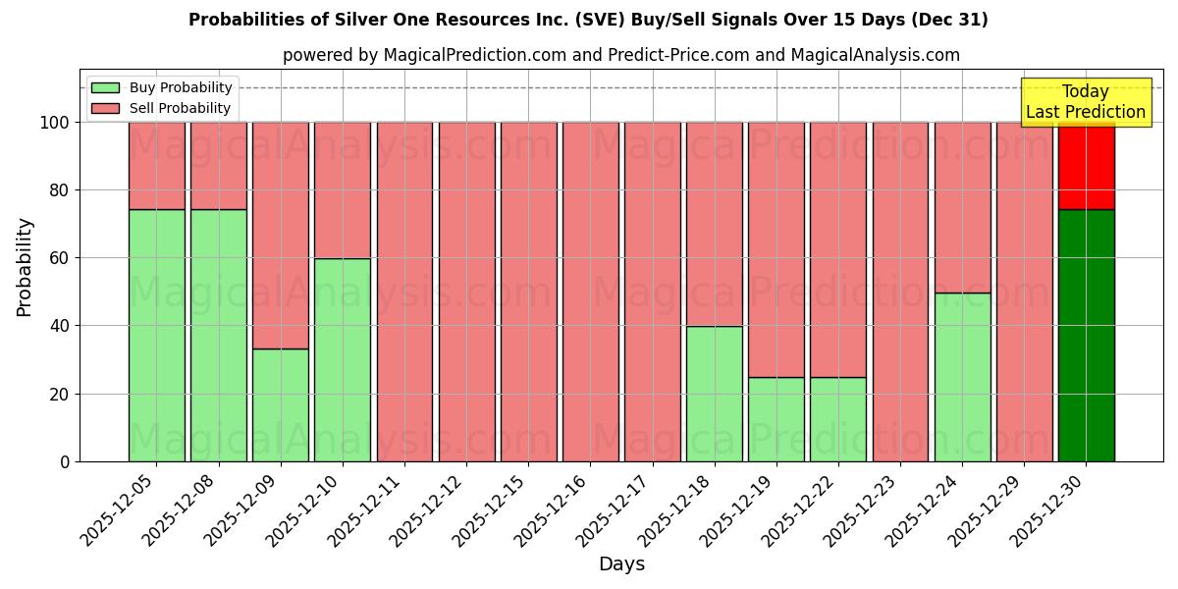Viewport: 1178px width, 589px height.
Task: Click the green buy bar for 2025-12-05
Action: [156, 335]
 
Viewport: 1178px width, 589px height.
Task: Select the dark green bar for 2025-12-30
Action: [1086, 335]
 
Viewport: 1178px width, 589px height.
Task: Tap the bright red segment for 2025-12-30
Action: [1086, 167]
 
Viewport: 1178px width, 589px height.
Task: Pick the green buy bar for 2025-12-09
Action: [281, 404]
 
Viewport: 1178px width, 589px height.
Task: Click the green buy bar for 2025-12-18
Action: [715, 394]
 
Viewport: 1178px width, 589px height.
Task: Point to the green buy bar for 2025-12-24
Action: [962, 377]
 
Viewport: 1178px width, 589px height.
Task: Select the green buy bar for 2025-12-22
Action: [838, 419]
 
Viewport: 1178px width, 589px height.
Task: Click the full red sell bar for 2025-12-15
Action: [528, 292]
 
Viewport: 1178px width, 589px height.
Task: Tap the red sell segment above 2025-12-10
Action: [343, 190]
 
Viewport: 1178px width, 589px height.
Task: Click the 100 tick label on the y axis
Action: [54, 123]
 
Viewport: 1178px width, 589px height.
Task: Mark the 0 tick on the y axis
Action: [65, 461]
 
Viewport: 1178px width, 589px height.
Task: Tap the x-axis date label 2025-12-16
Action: [550, 514]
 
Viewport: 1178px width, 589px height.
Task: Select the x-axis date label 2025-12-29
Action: [984, 514]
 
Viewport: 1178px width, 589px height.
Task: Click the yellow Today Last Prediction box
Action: [1086, 102]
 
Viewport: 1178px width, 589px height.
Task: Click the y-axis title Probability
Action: [25, 266]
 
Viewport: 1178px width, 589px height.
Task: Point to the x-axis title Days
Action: [621, 564]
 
